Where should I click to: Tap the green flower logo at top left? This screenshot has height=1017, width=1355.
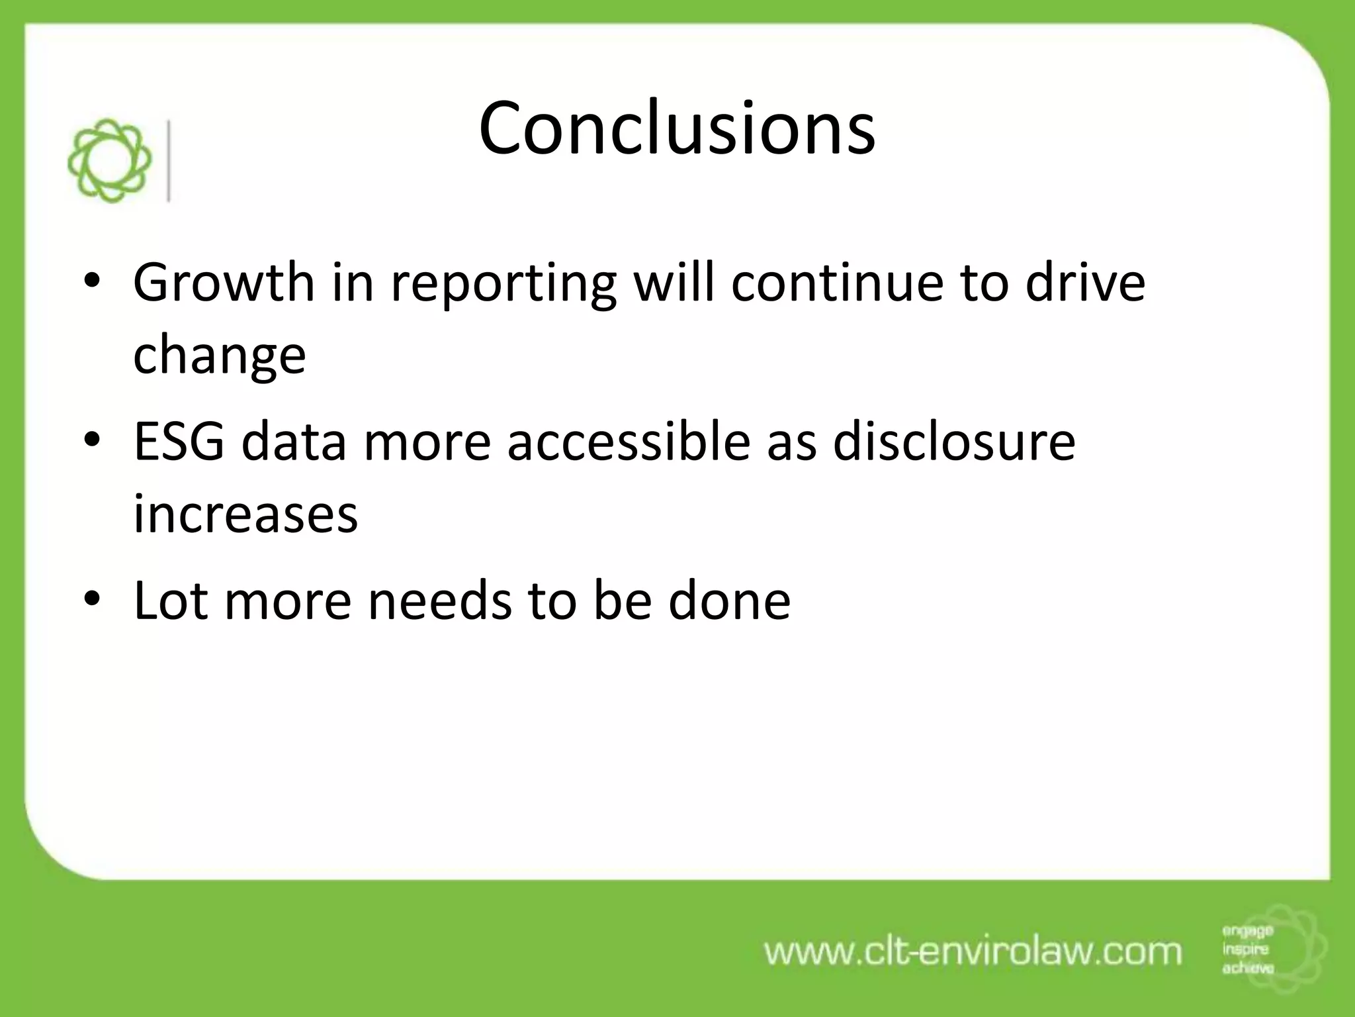coord(110,161)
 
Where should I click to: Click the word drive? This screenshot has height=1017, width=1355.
coord(1085,282)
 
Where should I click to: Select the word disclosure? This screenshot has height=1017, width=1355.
coord(953,442)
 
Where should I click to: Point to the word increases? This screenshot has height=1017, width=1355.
coord(245,514)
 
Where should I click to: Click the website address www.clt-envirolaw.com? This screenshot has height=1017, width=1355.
coord(973,952)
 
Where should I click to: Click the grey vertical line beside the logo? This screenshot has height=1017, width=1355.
coord(170,161)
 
